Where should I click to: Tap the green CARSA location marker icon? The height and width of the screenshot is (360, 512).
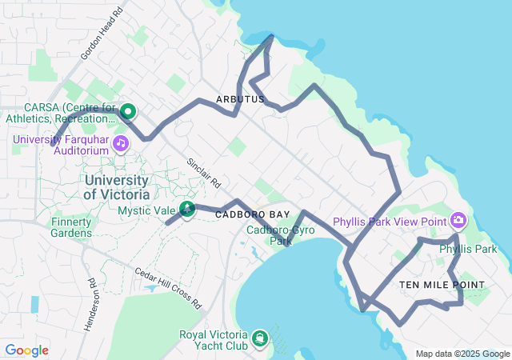coord(127,113)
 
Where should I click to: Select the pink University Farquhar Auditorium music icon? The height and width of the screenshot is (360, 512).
coord(121,143)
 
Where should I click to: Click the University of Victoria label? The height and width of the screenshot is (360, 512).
coord(117,187)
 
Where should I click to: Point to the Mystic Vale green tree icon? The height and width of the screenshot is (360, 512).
coord(186,210)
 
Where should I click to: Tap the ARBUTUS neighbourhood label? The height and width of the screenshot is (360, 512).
coord(240,99)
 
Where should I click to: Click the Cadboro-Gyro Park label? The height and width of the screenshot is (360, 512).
coord(280,235)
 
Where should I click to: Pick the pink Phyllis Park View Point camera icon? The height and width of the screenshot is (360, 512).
coord(458,219)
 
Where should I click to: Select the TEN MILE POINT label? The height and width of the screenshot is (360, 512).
coord(442,285)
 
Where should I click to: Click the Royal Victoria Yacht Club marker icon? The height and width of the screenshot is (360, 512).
coord(260,338)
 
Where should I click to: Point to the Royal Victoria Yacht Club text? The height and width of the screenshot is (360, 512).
coord(215,341)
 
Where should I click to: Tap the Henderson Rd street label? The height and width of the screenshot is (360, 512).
coord(90,306)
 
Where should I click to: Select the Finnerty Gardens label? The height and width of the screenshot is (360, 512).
coord(71,227)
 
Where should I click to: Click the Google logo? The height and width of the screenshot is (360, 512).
coord(26,350)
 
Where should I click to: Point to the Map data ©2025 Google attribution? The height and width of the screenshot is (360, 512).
coord(462,354)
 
